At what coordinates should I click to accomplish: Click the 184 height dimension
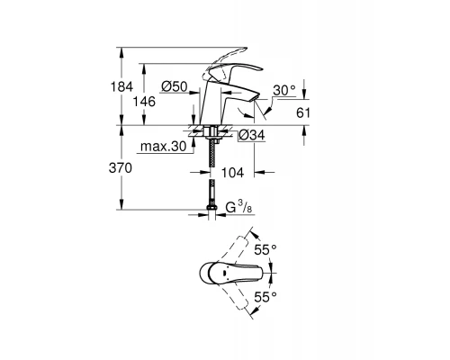[x=132, y=85]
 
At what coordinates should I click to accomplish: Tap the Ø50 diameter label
[x=175, y=85]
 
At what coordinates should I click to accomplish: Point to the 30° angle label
[x=285, y=90]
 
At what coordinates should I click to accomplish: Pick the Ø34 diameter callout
[x=251, y=135]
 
